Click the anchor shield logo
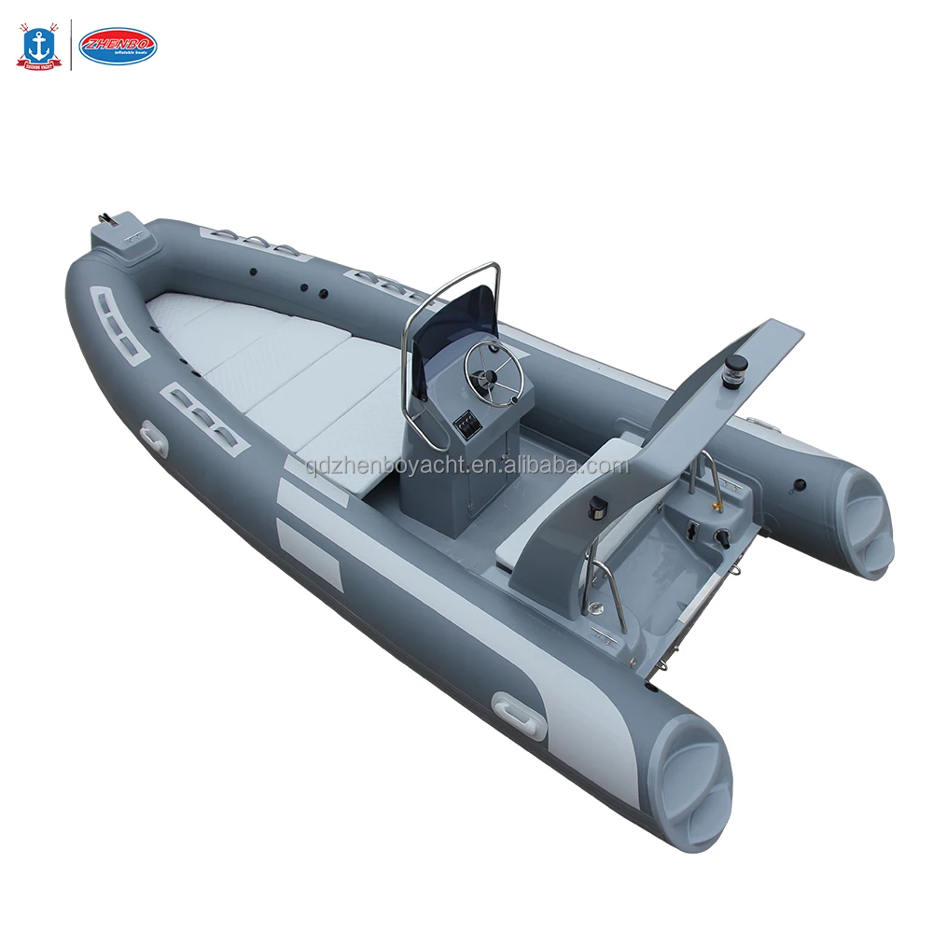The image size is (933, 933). [38, 48]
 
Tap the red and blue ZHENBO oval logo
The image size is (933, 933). [118, 46]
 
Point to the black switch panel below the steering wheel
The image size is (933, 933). [466, 428]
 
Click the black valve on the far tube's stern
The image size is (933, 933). [799, 485]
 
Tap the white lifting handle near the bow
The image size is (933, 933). [152, 438]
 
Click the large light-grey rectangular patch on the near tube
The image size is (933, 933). [310, 554]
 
